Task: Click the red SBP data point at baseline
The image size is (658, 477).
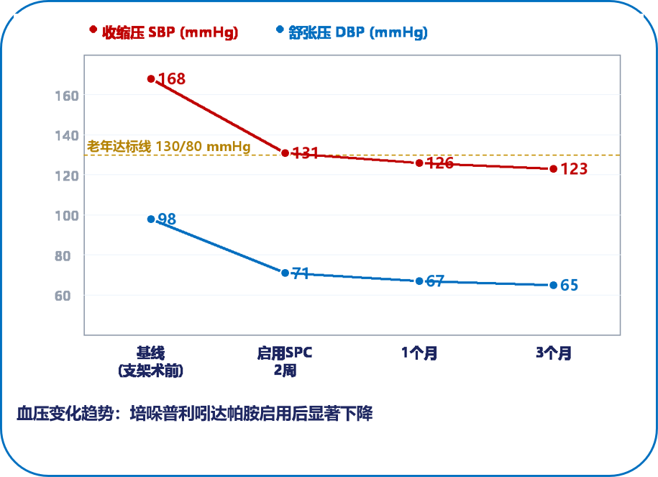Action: tap(151, 79)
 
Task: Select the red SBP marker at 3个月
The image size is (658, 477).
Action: tap(554, 169)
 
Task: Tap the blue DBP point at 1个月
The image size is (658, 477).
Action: tap(419, 281)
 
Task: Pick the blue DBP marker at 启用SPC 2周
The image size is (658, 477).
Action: tap(285, 273)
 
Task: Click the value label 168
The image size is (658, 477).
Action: tap(172, 78)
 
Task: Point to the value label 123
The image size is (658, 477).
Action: tap(574, 169)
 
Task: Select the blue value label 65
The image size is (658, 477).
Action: tap(570, 285)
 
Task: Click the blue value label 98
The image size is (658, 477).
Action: tap(167, 219)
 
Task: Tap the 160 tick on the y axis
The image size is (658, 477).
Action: tap(67, 96)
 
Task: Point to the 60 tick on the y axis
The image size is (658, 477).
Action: tap(63, 296)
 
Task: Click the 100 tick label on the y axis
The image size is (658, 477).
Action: tap(67, 216)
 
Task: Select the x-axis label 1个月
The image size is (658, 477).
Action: tap(419, 353)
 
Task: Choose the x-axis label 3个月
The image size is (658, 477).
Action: tap(554, 353)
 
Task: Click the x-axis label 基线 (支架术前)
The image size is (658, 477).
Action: tap(150, 362)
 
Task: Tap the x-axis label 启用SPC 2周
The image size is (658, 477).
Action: tap(285, 362)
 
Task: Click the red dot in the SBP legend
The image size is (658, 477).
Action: tap(93, 29)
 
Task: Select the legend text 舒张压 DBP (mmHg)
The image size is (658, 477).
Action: tap(358, 32)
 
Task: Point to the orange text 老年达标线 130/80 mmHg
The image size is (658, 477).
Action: tap(169, 146)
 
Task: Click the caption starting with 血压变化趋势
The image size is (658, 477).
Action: tap(195, 414)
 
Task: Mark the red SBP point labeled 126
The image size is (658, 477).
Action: tap(419, 163)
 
